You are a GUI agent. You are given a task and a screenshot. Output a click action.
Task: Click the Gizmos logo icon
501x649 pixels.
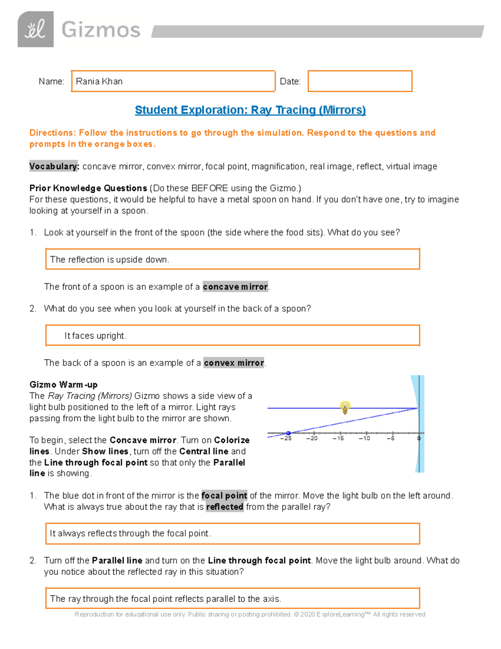35,29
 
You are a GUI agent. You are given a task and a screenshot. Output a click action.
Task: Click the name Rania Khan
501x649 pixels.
99,81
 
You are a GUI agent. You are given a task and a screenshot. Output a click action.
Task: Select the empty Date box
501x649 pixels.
360,81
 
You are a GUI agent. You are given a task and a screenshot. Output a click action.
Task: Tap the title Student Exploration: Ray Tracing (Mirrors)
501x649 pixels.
250,110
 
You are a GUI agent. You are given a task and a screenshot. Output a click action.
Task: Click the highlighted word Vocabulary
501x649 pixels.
53,166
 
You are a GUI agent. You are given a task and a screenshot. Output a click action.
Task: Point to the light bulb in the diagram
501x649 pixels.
345,407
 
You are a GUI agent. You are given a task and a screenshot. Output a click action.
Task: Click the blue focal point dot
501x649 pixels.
288,433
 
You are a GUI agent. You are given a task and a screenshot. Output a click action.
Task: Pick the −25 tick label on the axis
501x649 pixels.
286,438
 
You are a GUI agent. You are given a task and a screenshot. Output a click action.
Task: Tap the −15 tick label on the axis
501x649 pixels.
338,438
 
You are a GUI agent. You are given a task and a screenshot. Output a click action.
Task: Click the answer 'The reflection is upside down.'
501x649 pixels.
109,260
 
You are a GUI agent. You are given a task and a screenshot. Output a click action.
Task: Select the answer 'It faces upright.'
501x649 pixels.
95,336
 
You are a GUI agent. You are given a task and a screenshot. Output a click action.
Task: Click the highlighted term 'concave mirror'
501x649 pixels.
235,287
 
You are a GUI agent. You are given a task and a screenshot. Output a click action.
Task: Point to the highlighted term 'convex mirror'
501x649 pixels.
234,363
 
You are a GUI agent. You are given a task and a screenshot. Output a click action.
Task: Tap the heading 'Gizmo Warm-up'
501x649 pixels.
63,384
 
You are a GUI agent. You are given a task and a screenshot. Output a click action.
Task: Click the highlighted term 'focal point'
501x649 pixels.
224,496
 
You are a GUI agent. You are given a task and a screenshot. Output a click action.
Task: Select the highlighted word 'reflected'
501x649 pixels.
225,507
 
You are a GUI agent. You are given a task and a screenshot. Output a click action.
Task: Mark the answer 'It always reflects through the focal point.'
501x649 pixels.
130,534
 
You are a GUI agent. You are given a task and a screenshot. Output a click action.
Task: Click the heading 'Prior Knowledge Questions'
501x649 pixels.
88,188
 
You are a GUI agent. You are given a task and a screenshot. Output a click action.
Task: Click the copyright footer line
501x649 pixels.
250,614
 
